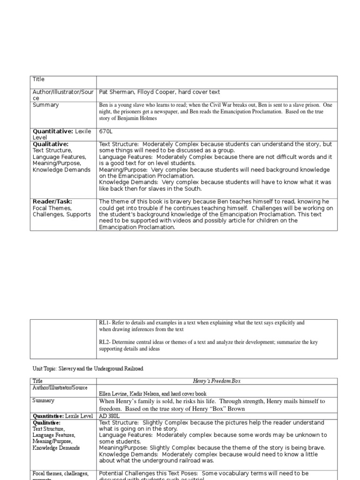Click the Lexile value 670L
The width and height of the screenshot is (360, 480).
(x=106, y=132)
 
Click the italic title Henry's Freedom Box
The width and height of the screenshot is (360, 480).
(x=217, y=381)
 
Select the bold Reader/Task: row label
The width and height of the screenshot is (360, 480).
(x=52, y=201)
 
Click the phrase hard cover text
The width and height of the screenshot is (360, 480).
(x=201, y=92)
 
